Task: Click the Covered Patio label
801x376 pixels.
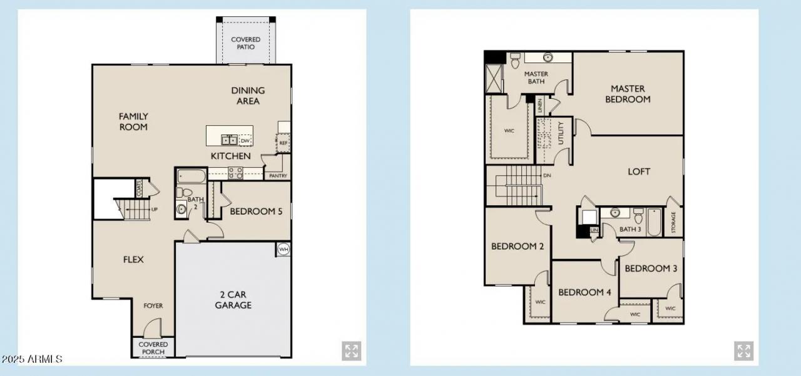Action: click(245, 43)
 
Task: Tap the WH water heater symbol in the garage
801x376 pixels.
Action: click(283, 250)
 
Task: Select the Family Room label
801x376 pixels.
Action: click(133, 121)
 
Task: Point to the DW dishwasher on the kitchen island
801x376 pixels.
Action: click(245, 141)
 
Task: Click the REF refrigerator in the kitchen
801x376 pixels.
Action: click(283, 143)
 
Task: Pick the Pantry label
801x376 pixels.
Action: click(278, 176)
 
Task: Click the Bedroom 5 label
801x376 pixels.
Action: click(256, 211)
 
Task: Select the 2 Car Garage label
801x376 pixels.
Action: click(233, 300)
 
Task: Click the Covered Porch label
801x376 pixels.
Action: click(153, 348)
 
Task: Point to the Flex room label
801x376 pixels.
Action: click(133, 259)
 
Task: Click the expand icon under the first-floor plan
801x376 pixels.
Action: click(351, 351)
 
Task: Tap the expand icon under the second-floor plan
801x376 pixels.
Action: click(743, 351)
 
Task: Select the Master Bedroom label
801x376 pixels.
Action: click(628, 94)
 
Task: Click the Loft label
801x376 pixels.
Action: click(639, 171)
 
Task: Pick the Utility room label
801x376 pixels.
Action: click(561, 133)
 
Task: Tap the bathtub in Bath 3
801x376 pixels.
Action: click(655, 221)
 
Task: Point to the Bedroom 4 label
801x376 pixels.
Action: click(584, 292)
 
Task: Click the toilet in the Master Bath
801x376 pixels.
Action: click(516, 61)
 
